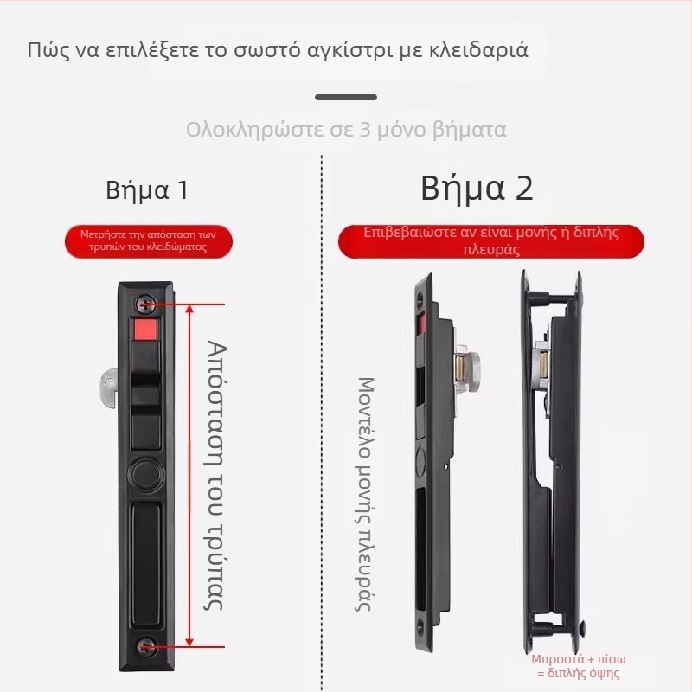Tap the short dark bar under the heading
click(x=345, y=98)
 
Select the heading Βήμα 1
click(x=146, y=190)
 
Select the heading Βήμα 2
click(x=477, y=189)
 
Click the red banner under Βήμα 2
click(x=490, y=241)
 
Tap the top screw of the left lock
click(x=144, y=304)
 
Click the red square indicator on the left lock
click(x=144, y=330)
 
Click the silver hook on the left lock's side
click(x=106, y=383)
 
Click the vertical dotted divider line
click(x=322, y=415)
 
